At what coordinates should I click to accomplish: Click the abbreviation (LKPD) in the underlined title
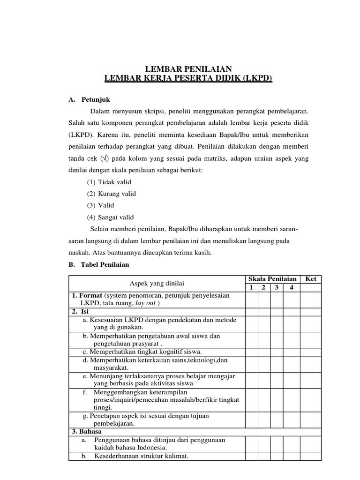[x=257, y=78]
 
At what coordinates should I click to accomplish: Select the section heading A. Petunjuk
[x=90, y=100]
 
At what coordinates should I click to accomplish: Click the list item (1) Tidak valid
[x=109, y=182]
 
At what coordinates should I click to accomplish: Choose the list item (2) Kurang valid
[x=111, y=194]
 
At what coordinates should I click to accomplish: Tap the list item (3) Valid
[x=100, y=205]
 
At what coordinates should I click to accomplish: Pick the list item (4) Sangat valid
[x=110, y=217]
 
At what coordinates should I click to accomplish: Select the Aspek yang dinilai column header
[x=157, y=283]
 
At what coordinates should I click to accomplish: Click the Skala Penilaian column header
[x=272, y=279]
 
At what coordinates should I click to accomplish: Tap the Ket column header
[x=311, y=279]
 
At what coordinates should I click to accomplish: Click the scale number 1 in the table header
[x=251, y=287]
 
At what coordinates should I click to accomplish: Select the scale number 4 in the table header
[x=291, y=287]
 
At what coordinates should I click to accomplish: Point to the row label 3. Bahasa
[x=87, y=431]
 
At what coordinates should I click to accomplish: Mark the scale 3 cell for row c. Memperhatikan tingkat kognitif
[x=277, y=352]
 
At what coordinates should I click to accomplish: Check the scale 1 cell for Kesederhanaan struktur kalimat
[x=251, y=456]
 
